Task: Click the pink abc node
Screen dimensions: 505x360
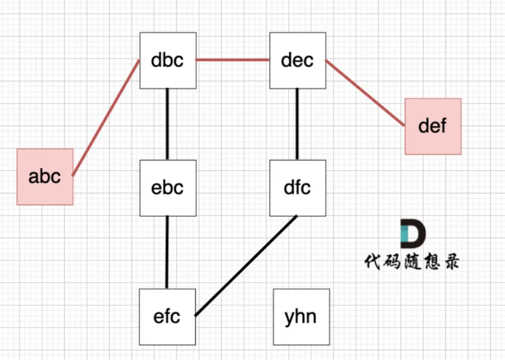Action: click(45, 177)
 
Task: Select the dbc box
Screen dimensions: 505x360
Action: click(167, 61)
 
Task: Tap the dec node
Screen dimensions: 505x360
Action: click(297, 61)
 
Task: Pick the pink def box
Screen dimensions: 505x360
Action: click(433, 126)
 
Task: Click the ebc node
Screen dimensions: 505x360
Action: click(167, 188)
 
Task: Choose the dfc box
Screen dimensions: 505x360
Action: click(297, 188)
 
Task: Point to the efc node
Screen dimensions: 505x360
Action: click(167, 316)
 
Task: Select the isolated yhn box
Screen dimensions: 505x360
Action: click(301, 317)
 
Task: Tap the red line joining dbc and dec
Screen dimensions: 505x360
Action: click(233, 60)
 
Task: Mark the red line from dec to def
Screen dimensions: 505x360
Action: click(364, 93)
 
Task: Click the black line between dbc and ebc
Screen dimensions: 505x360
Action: click(167, 124)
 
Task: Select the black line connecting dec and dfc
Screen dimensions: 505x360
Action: click(297, 124)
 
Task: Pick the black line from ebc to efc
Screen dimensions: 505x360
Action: click(167, 252)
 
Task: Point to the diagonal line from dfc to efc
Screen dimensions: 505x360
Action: click(246, 266)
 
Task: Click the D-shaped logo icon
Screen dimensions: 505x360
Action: click(411, 234)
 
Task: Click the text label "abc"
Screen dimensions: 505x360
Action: click(45, 177)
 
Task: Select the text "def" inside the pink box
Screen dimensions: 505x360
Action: click(433, 126)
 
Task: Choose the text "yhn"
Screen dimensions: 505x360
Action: click(301, 317)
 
